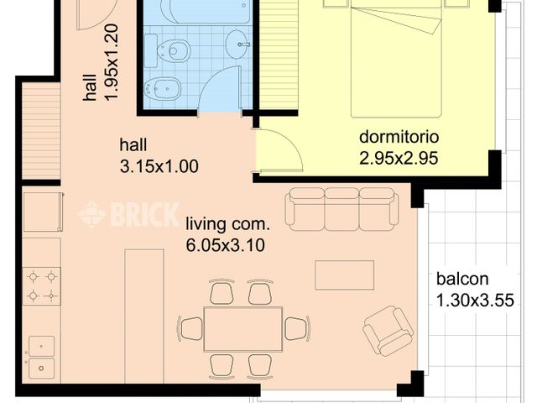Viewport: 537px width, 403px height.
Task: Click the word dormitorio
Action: point(399,137)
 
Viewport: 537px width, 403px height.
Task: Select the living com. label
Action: point(227,223)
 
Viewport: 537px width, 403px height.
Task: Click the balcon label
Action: point(462,280)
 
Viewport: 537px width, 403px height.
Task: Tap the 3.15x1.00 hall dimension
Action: point(159,166)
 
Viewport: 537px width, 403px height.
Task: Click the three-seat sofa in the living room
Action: point(341,209)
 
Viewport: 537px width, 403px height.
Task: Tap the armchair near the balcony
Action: point(388,329)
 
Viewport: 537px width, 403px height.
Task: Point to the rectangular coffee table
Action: point(344,275)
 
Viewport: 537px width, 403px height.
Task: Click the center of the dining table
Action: point(242,328)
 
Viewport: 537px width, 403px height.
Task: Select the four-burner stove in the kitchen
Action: point(41,285)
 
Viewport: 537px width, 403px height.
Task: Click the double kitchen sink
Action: point(40,357)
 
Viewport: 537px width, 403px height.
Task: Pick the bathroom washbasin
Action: point(238,39)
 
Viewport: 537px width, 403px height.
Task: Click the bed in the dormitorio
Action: point(395,59)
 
